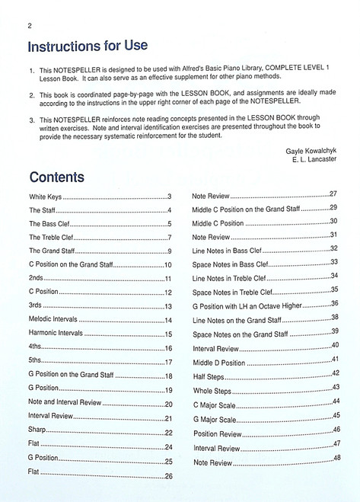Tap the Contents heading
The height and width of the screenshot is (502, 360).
(56, 177)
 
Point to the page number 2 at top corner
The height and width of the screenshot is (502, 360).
(28, 24)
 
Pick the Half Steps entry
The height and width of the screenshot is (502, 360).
(209, 376)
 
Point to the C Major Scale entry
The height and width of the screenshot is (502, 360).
(215, 403)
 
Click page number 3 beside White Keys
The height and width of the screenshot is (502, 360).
(169, 197)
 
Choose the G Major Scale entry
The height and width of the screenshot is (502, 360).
(215, 419)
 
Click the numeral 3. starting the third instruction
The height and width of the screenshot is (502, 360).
(32, 120)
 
